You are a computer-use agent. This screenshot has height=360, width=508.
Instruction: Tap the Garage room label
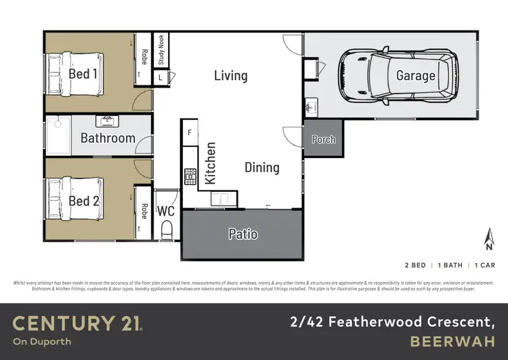[x=415, y=76]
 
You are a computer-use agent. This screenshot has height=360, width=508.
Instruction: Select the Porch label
[x=323, y=140]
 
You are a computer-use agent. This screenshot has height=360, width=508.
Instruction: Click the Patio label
[x=242, y=234]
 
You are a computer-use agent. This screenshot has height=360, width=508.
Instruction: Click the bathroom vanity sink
[x=108, y=122]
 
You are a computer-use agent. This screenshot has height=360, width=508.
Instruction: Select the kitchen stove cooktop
[x=190, y=176]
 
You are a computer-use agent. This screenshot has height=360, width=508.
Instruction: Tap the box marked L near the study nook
[x=161, y=78]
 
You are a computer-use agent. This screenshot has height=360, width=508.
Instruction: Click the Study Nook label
[x=161, y=49]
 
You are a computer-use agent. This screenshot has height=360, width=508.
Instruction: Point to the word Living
[x=230, y=75]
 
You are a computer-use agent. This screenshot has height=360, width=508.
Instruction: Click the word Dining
[x=261, y=167]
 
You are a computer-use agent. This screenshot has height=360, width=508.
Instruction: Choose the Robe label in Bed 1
[x=144, y=54]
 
